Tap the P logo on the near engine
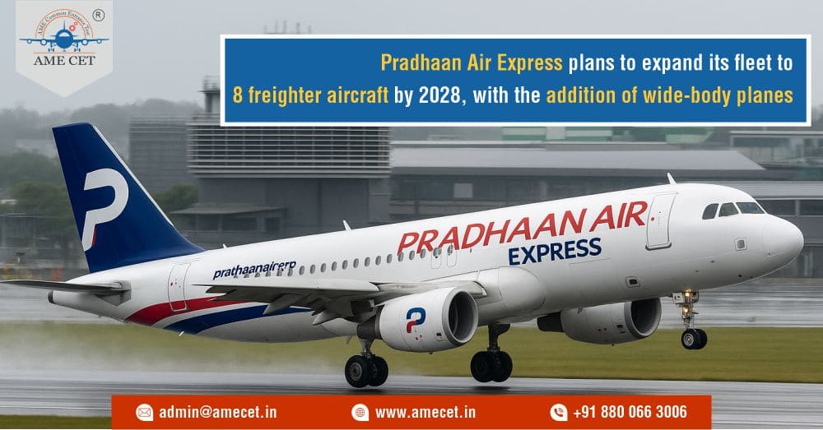[416, 319]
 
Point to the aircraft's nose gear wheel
[693, 338]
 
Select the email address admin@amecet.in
[216, 412]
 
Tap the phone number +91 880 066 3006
[630, 412]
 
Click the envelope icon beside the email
[145, 412]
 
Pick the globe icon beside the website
[360, 412]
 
